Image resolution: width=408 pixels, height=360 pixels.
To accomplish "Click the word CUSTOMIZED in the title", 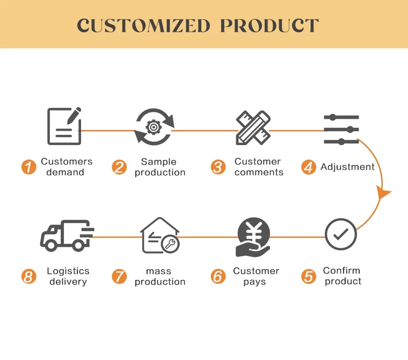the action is pos(143,25).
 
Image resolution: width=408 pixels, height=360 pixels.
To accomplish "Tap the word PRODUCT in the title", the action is pos(270,25).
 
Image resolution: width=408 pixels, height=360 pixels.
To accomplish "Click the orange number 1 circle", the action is pos(28,167).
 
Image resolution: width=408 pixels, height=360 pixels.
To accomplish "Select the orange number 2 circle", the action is pos(119,167).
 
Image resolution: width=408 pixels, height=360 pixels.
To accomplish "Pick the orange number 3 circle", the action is pos(218,167).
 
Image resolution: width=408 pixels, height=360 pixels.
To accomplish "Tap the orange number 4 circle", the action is pos(308,167).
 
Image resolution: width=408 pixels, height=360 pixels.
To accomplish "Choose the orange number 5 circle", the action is pos(309,277).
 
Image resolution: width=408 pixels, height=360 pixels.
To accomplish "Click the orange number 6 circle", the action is pos(218,277).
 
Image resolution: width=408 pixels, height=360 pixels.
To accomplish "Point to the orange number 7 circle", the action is pos(119,277).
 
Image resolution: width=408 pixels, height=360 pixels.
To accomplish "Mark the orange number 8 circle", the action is pos(28,277).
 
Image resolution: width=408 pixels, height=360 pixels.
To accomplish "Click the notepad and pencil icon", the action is pos(64,126).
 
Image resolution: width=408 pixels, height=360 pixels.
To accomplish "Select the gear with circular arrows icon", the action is pos(155,126).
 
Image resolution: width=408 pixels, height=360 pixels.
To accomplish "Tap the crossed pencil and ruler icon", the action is pos(253,127).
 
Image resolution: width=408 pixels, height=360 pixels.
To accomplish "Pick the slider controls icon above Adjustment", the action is pos(341,129).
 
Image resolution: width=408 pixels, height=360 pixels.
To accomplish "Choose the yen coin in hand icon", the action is pos(253,237).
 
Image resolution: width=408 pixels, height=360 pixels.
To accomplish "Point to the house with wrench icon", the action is pos(159,236).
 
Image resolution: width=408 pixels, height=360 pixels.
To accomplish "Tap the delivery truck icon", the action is pos(67,236).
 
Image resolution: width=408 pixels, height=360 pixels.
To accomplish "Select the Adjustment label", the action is pos(347,167).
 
